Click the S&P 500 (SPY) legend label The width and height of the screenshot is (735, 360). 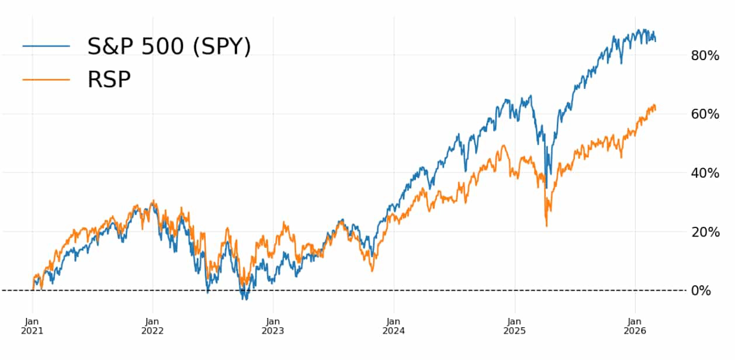(169, 46)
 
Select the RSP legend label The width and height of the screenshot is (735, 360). (109, 79)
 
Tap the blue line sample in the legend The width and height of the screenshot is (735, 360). (46, 46)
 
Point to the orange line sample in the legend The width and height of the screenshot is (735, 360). (46, 79)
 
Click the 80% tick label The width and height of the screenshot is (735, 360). (705, 56)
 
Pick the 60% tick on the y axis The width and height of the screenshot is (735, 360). (705, 114)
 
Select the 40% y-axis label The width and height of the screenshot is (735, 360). (705, 173)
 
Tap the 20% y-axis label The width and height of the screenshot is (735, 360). (705, 232)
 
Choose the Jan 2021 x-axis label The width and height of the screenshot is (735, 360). (33, 326)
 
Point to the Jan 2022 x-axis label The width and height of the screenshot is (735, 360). (152, 326)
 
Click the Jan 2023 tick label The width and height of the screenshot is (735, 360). (273, 326)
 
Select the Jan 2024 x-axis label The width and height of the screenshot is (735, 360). (393, 326)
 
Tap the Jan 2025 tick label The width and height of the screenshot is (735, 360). (514, 326)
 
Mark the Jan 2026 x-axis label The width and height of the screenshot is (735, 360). (635, 326)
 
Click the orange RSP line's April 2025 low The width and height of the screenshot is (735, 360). (546, 226)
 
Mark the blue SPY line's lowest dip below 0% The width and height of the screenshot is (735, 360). (246, 299)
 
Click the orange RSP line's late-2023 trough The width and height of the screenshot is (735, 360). (372, 271)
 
